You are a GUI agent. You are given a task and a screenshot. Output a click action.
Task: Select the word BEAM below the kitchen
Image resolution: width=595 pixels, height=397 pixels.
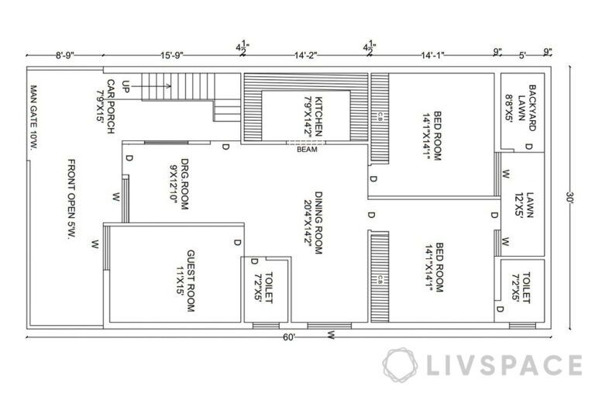tap(307, 150)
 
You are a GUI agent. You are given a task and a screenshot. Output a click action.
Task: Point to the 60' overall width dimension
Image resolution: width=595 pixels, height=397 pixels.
tap(289, 337)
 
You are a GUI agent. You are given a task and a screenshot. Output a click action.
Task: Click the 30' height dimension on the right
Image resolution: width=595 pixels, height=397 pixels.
tap(572, 198)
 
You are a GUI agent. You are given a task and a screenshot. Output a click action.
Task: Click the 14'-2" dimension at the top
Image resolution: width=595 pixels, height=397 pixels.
tap(306, 55)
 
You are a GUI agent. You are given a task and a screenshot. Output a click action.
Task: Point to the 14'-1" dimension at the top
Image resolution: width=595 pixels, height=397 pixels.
tap(434, 55)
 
